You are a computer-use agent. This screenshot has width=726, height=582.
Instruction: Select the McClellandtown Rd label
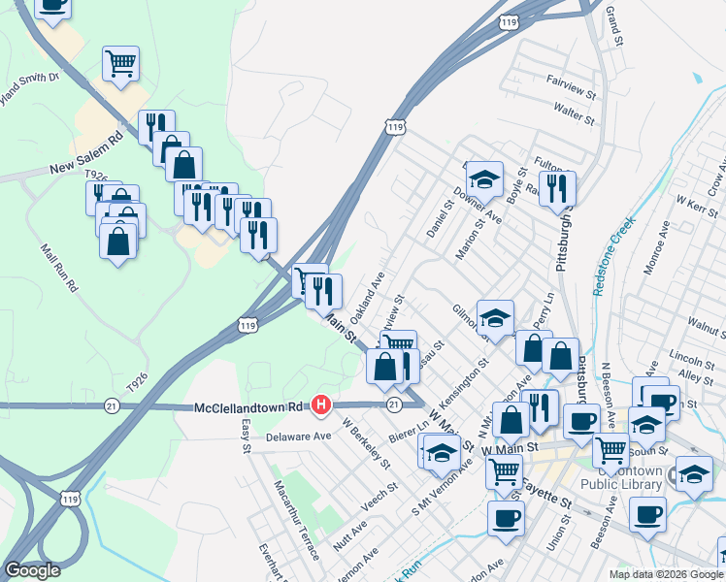tap(249, 407)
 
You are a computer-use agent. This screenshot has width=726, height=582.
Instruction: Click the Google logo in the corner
tap(32, 570)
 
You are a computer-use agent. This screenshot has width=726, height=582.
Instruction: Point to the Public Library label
tap(621, 484)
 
